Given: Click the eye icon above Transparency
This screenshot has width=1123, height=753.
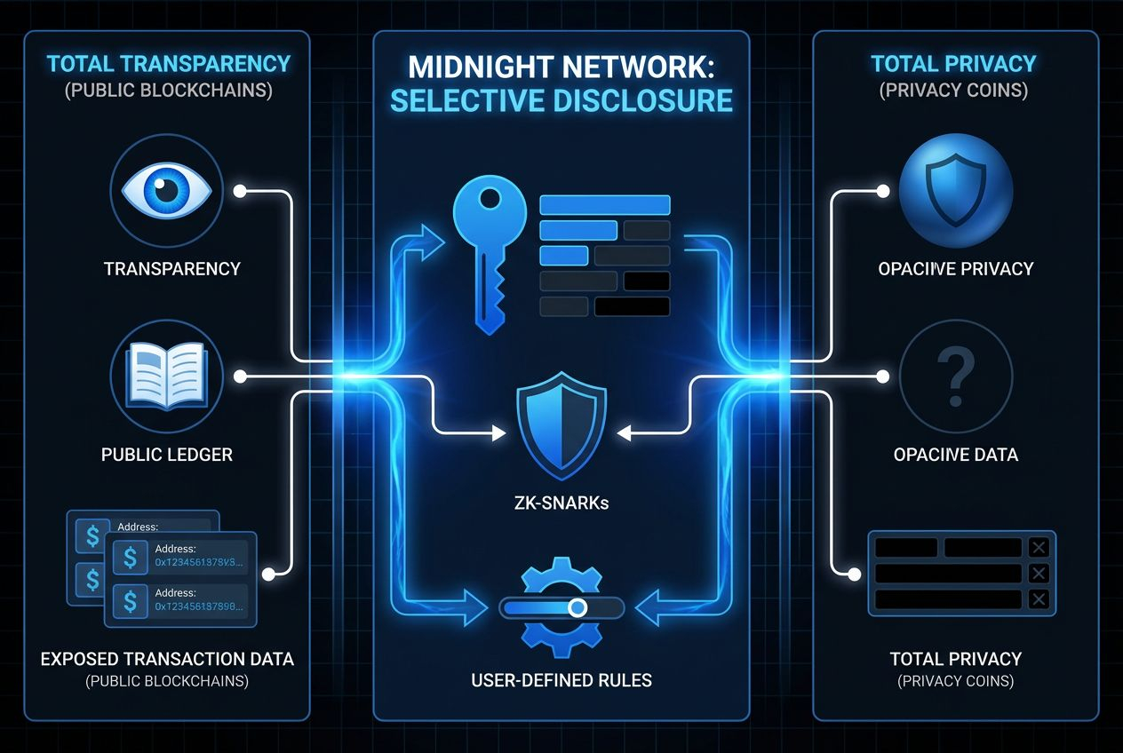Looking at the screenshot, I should coord(162,190).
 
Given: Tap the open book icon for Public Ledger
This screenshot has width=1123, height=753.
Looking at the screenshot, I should coord(166,376).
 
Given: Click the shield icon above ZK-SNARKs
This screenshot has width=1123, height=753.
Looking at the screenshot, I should coord(561,425).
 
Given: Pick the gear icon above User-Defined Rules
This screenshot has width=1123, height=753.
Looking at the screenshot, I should coord(561,607).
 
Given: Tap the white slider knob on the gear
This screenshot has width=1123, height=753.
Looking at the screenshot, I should coord(577,607).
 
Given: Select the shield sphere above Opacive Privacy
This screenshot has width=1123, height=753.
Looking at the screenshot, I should coord(956,190).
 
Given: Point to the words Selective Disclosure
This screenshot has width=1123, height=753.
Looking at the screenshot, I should coord(561,100).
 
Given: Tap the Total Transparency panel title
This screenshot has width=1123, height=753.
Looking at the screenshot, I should coord(169,64).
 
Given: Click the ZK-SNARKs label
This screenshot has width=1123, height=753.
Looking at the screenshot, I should coord(561,503).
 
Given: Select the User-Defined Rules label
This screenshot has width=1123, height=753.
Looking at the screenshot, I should coord(561,681).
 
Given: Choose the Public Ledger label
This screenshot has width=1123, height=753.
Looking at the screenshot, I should coord(167,455).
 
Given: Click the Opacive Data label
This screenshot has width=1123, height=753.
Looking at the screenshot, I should coord(956,455).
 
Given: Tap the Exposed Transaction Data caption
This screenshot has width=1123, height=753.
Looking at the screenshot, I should coord(167,659).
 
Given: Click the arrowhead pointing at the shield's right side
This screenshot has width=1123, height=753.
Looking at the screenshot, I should coord(625,433).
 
